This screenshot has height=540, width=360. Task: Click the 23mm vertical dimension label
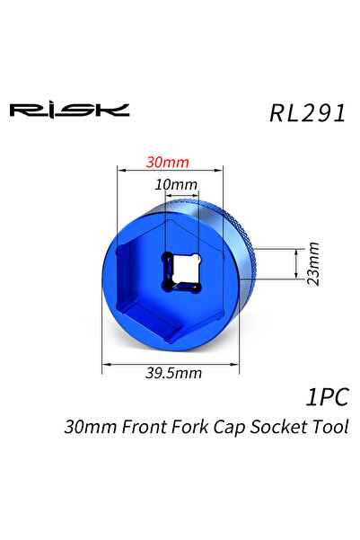pyautogui.click(x=313, y=262)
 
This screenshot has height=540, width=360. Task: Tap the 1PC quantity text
pyautogui.click(x=326, y=396)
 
